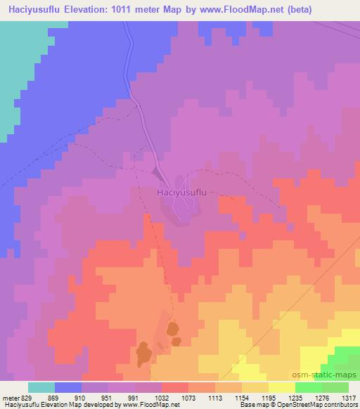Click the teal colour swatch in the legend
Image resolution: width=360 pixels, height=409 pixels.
[x=41, y=387]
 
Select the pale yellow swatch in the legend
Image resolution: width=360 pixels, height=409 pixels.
[x=281, y=387]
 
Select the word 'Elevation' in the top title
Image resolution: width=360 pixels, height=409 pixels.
[x=89, y=9]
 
